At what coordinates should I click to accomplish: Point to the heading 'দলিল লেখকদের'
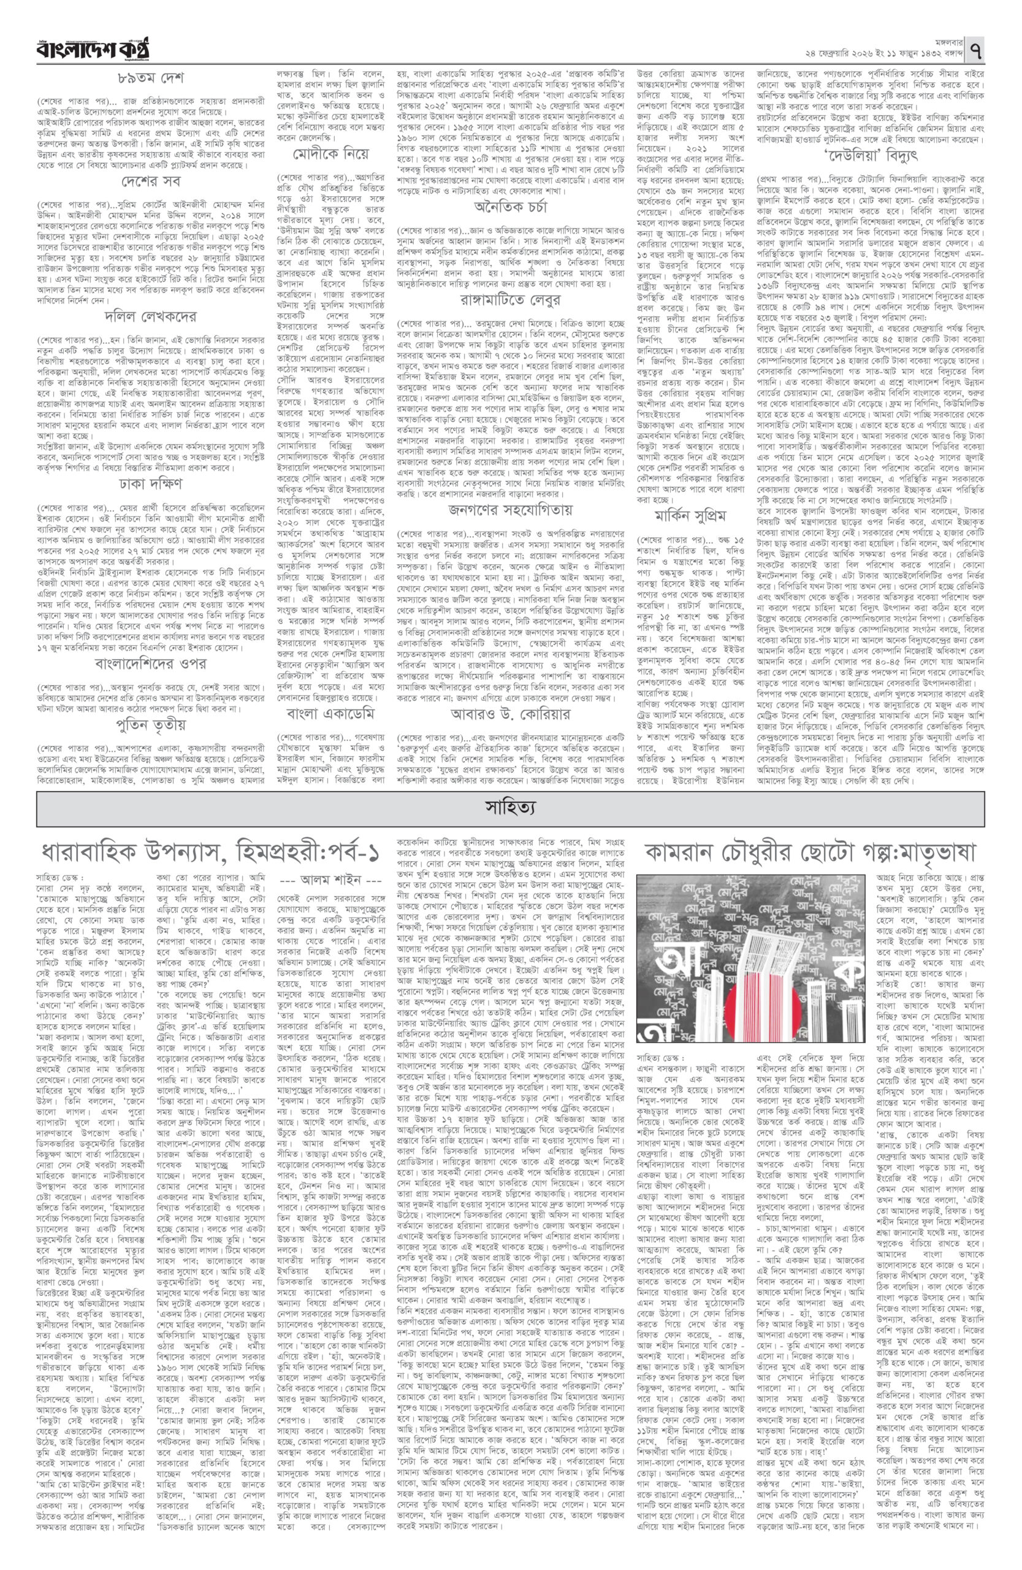150,317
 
